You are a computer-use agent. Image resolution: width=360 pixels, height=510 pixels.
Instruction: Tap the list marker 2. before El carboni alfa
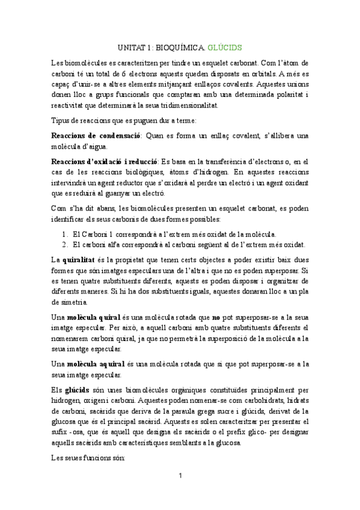coord(65,244)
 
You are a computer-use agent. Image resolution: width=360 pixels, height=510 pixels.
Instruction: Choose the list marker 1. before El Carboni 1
coord(65,233)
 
